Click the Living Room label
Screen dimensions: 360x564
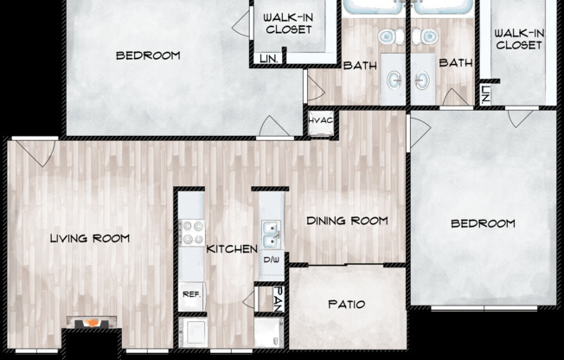(x=89, y=238)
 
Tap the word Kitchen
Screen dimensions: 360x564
(x=232, y=249)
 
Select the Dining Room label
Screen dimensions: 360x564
(x=346, y=221)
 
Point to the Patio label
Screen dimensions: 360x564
(x=346, y=305)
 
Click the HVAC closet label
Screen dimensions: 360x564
(x=320, y=120)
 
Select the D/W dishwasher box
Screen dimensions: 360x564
(x=271, y=260)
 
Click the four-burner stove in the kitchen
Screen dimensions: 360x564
(x=190, y=233)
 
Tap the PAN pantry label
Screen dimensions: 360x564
(x=279, y=299)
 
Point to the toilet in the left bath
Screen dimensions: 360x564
(x=389, y=36)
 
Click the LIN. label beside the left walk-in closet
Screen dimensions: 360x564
(x=269, y=60)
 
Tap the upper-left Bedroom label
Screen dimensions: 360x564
(x=148, y=56)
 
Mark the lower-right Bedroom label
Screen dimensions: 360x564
(x=483, y=223)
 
